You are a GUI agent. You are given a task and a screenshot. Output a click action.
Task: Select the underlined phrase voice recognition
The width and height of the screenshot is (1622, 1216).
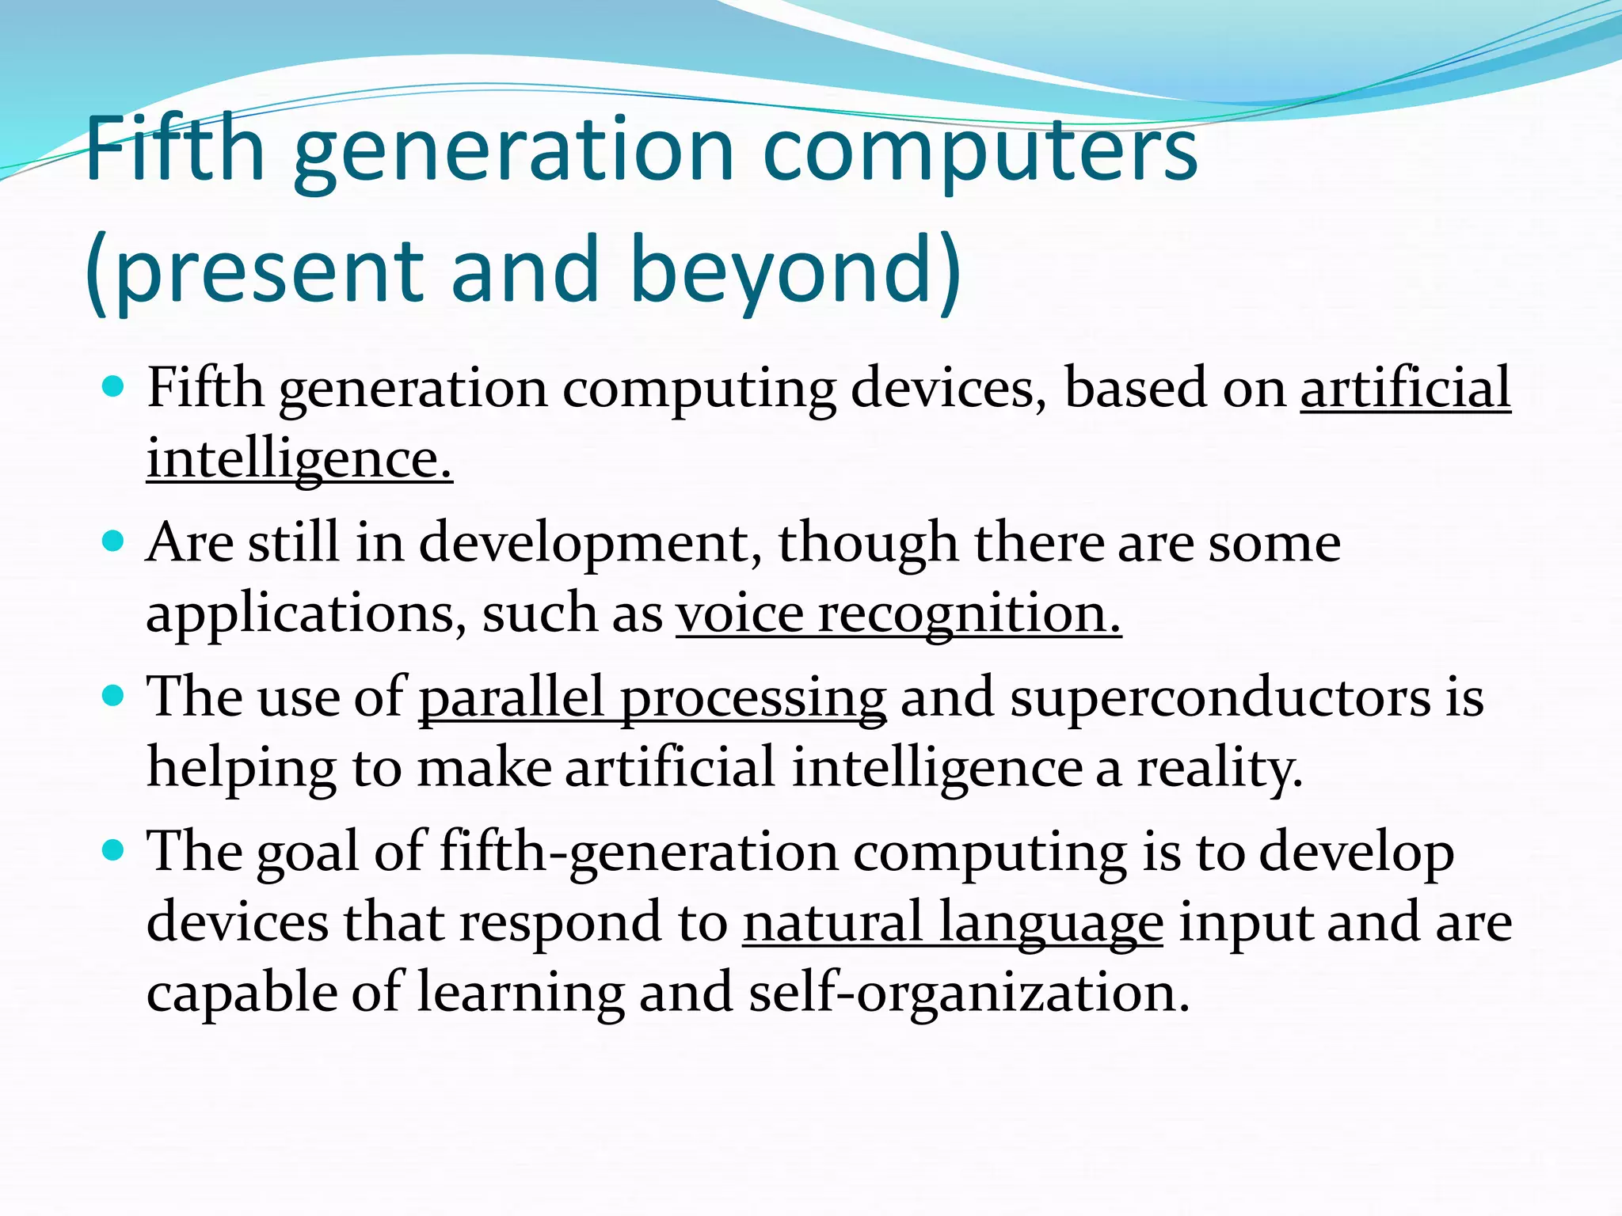coord(898,614)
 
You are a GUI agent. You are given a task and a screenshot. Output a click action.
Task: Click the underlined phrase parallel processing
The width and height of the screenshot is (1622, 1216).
coord(652,699)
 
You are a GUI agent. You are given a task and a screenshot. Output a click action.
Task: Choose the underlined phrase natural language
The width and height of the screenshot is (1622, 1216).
coord(953,923)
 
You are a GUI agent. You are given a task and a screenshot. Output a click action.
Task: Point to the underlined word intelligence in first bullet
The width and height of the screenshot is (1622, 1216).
coord(299,459)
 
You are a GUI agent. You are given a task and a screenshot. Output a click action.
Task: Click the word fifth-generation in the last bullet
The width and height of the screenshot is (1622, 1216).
coord(638,853)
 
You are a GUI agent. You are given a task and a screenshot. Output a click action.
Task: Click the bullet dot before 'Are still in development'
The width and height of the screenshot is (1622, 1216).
coord(114,541)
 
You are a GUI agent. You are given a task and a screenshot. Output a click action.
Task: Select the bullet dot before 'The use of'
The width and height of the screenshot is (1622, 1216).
coord(114,696)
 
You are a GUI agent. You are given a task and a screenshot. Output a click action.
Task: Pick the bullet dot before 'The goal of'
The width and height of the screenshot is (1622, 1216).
coord(114,851)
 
